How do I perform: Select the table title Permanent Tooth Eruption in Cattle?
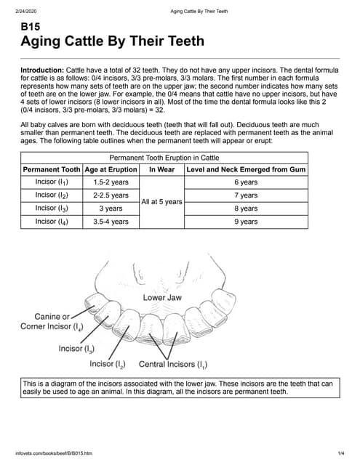click(164, 158)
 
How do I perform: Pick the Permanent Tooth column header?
click(52, 169)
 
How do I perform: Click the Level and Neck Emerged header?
click(246, 169)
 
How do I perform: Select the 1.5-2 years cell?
click(111, 182)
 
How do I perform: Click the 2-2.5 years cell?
click(111, 195)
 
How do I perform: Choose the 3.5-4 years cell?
click(111, 222)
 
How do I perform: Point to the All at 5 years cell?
click(161, 202)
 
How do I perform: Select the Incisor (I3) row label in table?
click(52, 209)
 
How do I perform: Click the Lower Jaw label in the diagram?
click(162, 298)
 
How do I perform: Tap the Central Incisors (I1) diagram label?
click(172, 363)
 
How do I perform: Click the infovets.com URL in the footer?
click(53, 454)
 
